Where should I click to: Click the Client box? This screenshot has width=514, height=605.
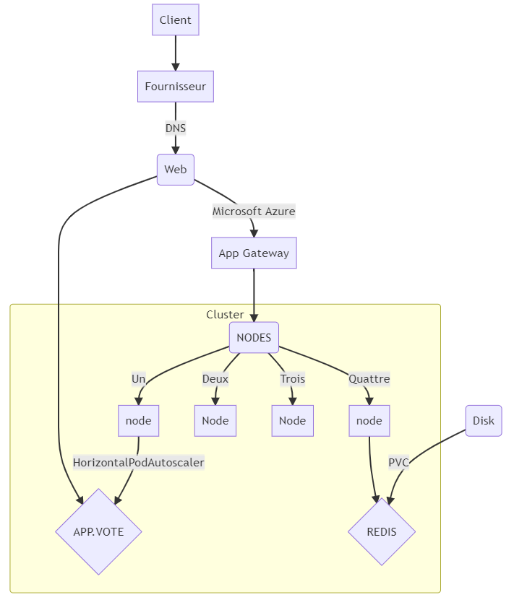175,20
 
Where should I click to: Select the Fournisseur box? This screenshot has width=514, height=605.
175,87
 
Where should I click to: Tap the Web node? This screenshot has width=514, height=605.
175,170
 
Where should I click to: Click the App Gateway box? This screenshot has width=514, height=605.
254,253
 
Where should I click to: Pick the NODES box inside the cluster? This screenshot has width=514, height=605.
254,337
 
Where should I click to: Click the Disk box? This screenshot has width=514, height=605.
484,420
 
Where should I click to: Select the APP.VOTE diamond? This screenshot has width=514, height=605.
98,531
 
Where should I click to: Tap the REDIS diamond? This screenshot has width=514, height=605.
382,531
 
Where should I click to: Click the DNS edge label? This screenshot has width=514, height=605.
175,129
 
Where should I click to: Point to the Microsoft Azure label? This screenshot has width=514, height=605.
254,212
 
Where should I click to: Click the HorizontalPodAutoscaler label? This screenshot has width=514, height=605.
139,462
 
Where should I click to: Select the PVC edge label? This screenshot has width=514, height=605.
398,462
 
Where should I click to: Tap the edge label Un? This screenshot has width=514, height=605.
138,378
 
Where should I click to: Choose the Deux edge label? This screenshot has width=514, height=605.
215,378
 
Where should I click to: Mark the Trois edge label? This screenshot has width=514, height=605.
293,378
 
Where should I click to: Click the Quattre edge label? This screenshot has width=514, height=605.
369,378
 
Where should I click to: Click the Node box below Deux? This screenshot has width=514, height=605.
215,420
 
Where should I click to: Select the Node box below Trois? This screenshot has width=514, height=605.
293,420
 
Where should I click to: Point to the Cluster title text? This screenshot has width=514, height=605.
225,314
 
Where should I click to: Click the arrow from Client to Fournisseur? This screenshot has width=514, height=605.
175,53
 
